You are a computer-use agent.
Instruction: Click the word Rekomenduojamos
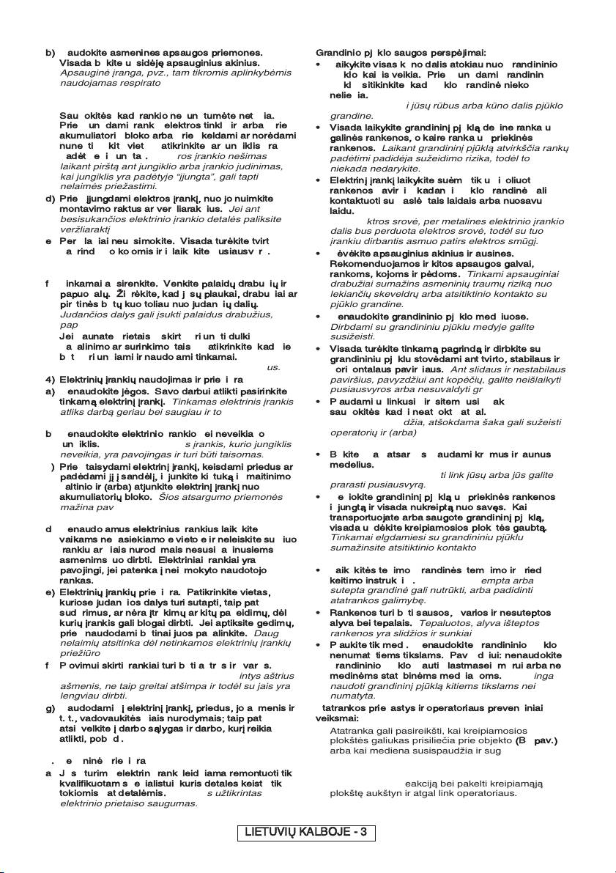pos(368,264)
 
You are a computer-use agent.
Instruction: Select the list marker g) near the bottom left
pos(50,707)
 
